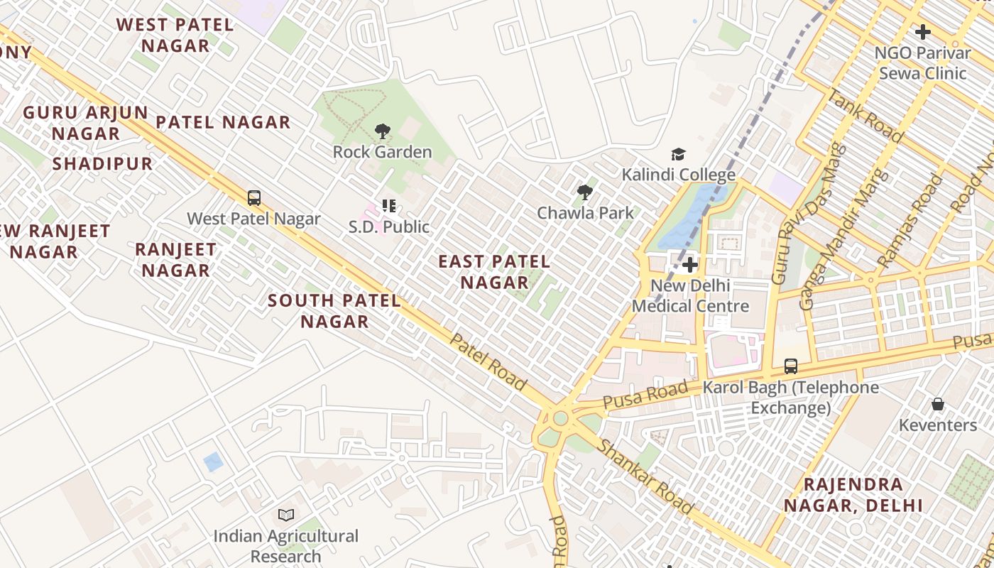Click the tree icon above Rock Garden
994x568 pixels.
tap(383, 131)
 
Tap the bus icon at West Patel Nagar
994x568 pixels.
tap(253, 198)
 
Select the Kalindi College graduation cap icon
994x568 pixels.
tap(678, 154)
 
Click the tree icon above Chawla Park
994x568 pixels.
tap(585, 192)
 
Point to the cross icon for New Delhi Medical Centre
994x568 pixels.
tap(689, 266)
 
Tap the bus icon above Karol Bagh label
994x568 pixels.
tap(790, 366)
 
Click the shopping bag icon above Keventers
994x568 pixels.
tap(938, 405)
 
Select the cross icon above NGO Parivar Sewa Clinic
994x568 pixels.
tap(922, 32)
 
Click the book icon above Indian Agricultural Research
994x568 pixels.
tap(286, 515)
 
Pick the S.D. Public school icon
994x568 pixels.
tap(388, 207)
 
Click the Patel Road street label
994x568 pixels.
tap(488, 362)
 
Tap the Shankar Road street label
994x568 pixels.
tap(645, 476)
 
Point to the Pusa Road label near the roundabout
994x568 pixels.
tap(645, 394)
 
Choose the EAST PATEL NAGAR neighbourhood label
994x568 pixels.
tap(494, 272)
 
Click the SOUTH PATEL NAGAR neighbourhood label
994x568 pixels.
tap(334, 311)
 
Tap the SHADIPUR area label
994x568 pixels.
tap(102, 164)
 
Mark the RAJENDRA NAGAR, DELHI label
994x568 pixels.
tap(853, 495)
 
